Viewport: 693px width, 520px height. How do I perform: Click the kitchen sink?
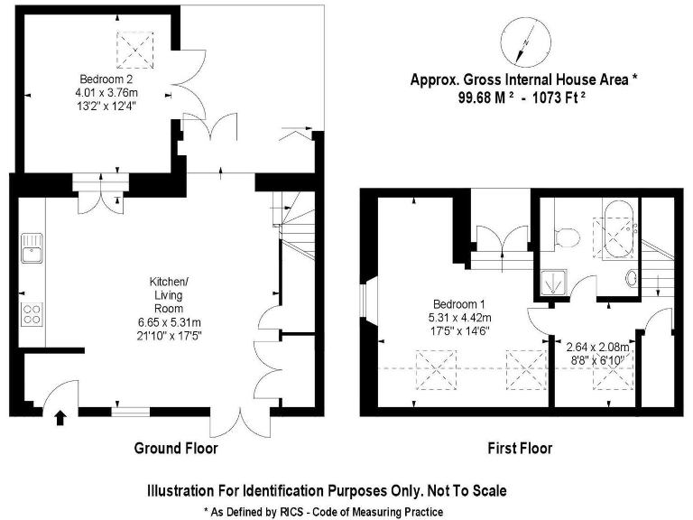point(31,246)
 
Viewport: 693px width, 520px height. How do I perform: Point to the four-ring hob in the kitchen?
point(32,313)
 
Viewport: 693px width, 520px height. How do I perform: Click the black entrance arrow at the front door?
point(60,417)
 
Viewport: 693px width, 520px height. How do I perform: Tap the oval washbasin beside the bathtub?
point(632,278)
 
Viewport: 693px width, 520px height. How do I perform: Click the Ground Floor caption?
point(176,448)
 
